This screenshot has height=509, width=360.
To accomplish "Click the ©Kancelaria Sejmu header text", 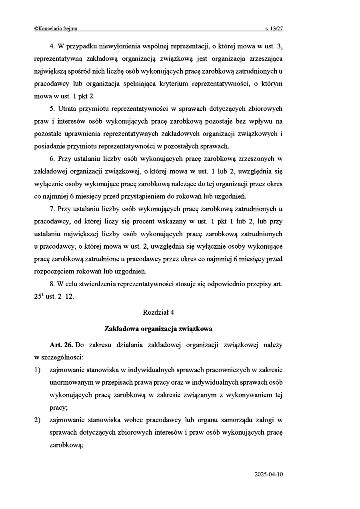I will (56, 29).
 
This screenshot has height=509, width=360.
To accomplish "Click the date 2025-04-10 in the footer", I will (268, 474).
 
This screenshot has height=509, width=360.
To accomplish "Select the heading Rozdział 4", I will (158, 312).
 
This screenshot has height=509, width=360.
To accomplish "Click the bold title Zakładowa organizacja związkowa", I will (158, 329).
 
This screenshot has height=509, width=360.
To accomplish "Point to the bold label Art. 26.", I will (61, 345).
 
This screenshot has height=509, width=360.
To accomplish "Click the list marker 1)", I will (38, 370).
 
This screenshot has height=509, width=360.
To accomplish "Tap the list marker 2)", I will (38, 420).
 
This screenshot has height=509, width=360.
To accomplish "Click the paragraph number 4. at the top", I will (52, 46).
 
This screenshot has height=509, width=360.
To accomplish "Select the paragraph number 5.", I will (52, 109).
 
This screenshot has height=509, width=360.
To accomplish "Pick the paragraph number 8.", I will (52, 284).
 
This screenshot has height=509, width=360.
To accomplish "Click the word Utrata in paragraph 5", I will (68, 109).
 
